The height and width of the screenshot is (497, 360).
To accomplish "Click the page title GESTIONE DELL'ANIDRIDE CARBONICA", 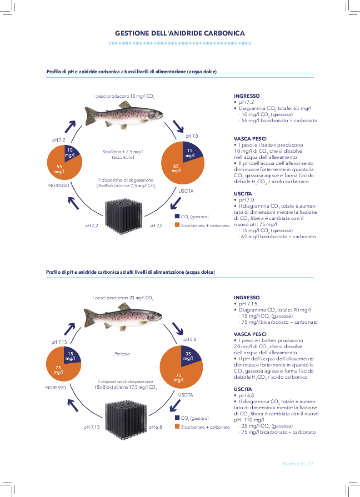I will [x=179, y=33].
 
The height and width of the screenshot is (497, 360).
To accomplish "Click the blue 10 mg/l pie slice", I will [x=71, y=151].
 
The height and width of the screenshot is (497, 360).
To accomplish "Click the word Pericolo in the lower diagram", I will [x=122, y=353].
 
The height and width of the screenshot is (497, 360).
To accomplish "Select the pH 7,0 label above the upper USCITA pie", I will [x=192, y=136].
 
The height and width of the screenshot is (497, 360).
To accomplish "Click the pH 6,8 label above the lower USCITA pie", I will [x=190, y=338].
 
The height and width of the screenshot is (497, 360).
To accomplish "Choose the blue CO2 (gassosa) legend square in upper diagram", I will [x=177, y=216].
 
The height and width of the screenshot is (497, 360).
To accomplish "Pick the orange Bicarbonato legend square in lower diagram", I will [x=177, y=426].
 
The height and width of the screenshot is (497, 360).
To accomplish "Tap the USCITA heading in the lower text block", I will [x=244, y=389].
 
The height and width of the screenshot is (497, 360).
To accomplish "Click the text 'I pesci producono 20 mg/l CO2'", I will [x=123, y=298].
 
